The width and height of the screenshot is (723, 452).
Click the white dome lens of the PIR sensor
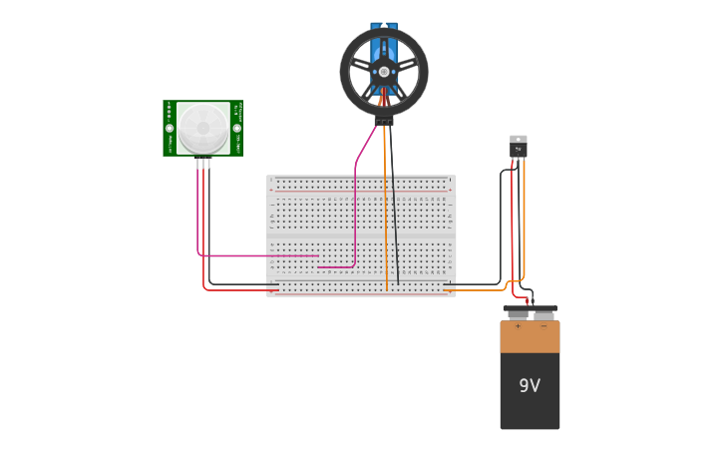[203, 127]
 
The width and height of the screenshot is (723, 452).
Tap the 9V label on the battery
[530, 385]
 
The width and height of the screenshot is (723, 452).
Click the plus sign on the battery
[517, 326]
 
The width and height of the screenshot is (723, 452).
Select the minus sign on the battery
[543, 326]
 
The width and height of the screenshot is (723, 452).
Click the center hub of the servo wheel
[384, 72]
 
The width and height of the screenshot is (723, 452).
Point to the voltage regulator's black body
[519, 151]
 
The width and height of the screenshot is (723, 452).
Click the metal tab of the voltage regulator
[519, 139]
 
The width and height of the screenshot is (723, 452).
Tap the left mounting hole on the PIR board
[170, 128]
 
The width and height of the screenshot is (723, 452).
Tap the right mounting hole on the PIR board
[237, 128]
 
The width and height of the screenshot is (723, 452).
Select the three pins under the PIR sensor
[203, 163]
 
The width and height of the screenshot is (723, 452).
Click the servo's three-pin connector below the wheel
[384, 122]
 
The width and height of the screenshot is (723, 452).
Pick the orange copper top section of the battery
[530, 336]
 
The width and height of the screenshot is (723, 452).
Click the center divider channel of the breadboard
[361, 235]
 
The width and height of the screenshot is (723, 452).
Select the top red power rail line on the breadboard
[361, 190]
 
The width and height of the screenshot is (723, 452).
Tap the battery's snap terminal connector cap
[530, 310]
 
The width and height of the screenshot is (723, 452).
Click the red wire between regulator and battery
[513, 239]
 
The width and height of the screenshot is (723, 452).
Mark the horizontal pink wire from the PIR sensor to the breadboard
[259, 256]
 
